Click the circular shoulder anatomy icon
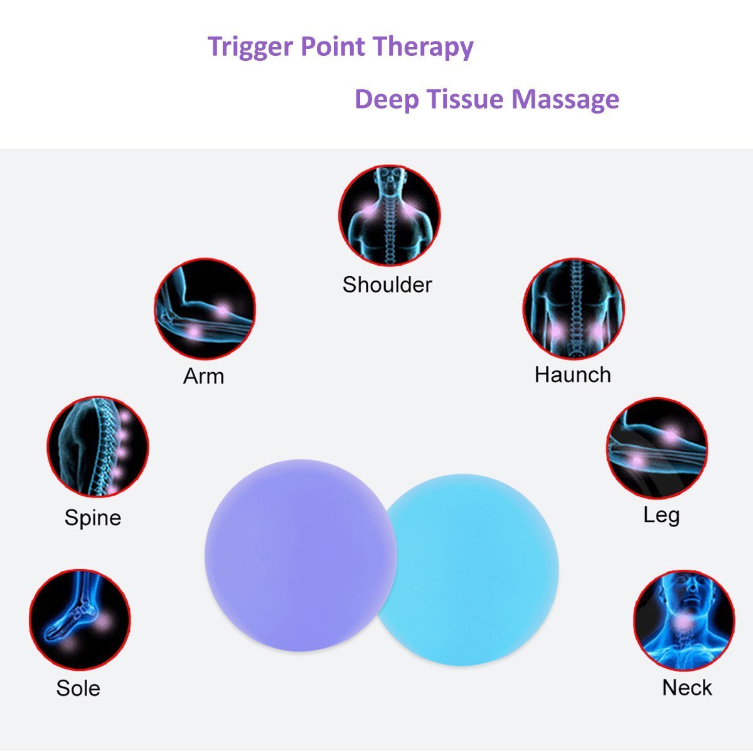click(389, 215)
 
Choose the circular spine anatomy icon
click(98, 446)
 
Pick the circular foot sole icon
click(80, 619)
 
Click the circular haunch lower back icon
click(574, 308)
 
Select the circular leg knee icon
click(657, 447)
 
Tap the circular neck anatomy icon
click(684, 620)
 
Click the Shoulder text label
click(387, 285)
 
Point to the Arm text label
click(203, 376)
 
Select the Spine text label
click(93, 518)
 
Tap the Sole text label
click(78, 688)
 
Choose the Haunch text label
click(572, 375)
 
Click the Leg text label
click(661, 515)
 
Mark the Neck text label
click(687, 688)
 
